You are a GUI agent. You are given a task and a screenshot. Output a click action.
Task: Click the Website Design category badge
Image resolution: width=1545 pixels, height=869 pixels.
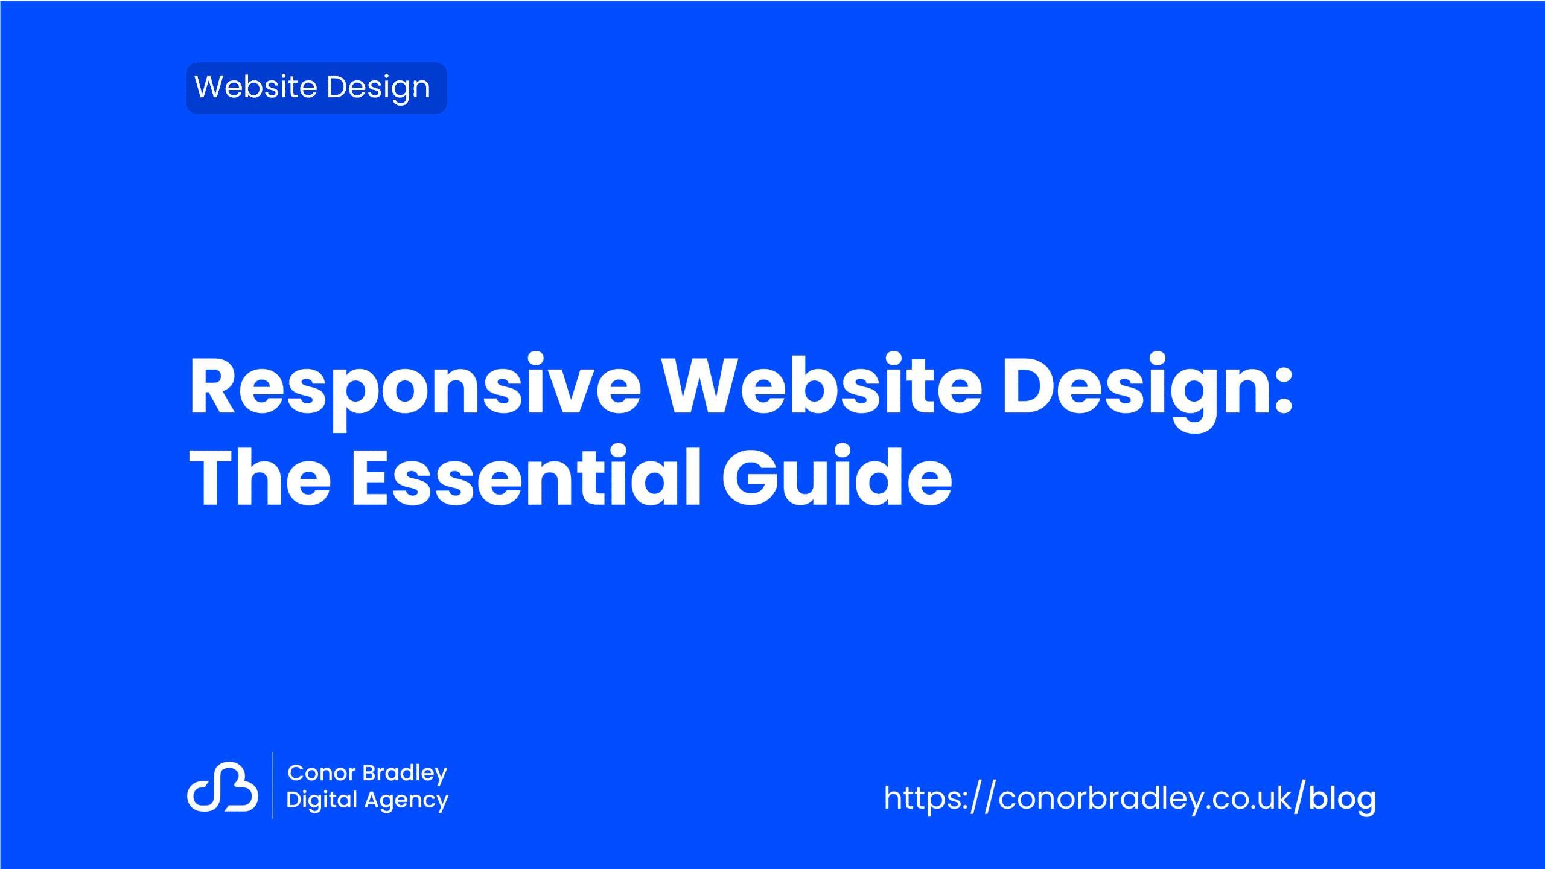click(316, 88)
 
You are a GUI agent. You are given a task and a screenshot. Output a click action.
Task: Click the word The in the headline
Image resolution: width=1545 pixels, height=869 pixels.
click(260, 476)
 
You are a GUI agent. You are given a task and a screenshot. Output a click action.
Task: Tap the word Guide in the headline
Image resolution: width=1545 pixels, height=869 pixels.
click(837, 475)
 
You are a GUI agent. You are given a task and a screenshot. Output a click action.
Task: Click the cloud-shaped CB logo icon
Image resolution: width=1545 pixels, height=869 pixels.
click(223, 786)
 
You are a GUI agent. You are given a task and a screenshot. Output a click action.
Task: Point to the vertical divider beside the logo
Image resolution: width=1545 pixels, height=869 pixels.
click(273, 785)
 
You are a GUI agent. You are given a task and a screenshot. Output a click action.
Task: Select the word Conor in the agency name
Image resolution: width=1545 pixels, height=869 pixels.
click(322, 773)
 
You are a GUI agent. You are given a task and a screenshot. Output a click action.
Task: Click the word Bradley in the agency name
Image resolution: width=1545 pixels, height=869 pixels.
click(405, 774)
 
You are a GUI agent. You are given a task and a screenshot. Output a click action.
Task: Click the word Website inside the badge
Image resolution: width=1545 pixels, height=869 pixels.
click(256, 87)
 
